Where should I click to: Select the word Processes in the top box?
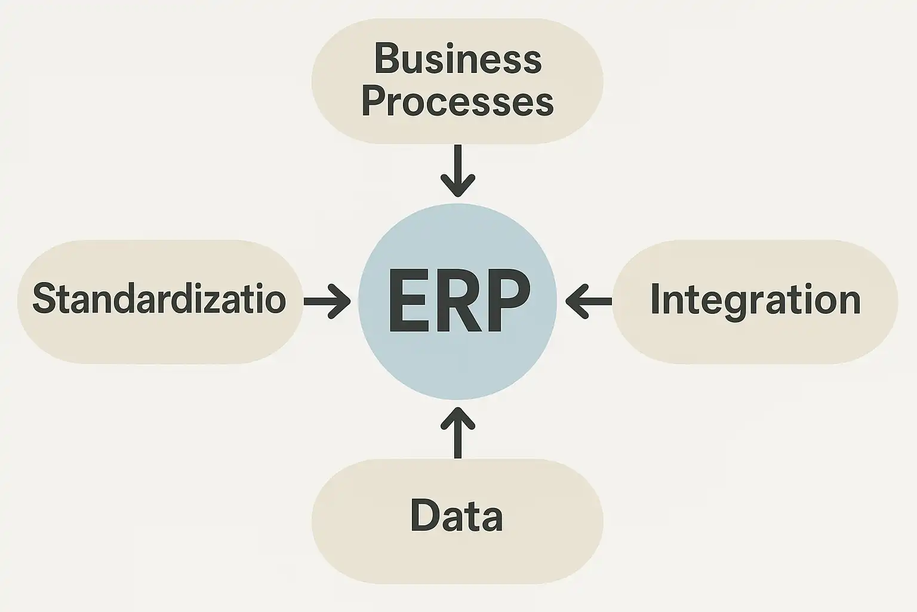tap(457, 102)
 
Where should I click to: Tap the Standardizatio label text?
tap(159, 299)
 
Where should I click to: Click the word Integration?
tap(755, 299)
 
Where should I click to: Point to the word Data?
tap(457, 516)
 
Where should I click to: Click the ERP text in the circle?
tap(458, 301)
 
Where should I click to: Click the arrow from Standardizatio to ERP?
tap(327, 301)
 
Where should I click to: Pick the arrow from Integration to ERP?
tap(589, 301)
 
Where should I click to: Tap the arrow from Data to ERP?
tap(458, 432)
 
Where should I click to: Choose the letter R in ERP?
tap(458, 301)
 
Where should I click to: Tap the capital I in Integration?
tap(654, 299)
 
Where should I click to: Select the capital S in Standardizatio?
tap(43, 298)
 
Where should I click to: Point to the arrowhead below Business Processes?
tap(458, 185)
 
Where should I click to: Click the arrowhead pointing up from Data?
tap(458, 417)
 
